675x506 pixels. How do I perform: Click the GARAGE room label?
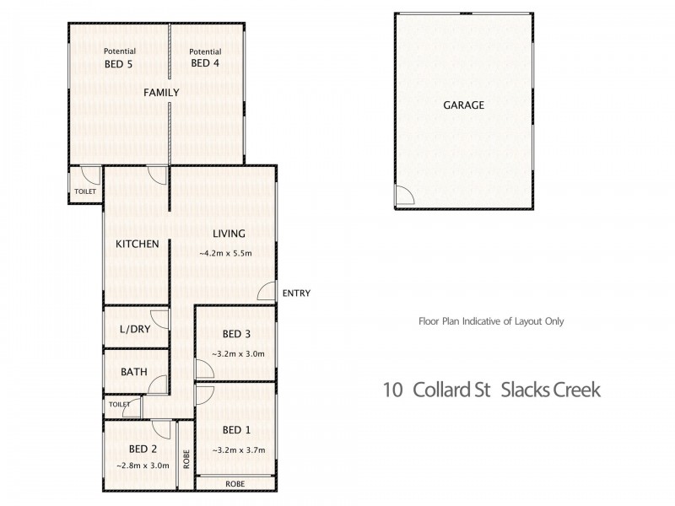(x=464, y=105)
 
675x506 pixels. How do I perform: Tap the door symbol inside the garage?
(x=403, y=196)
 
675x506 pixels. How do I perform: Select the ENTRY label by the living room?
(x=297, y=293)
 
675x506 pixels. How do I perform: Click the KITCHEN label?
(x=138, y=244)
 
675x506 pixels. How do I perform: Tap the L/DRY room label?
(x=135, y=329)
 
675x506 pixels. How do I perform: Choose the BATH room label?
(x=135, y=371)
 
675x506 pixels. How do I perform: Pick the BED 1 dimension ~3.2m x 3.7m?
(x=238, y=450)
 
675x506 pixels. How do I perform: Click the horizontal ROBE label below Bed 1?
(x=235, y=484)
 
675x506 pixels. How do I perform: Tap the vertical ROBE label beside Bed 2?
(x=186, y=456)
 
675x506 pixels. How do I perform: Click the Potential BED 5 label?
(x=119, y=57)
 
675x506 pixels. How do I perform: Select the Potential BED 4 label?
(x=206, y=57)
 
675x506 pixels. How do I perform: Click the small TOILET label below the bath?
(x=119, y=405)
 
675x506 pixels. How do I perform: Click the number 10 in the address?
(x=391, y=390)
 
